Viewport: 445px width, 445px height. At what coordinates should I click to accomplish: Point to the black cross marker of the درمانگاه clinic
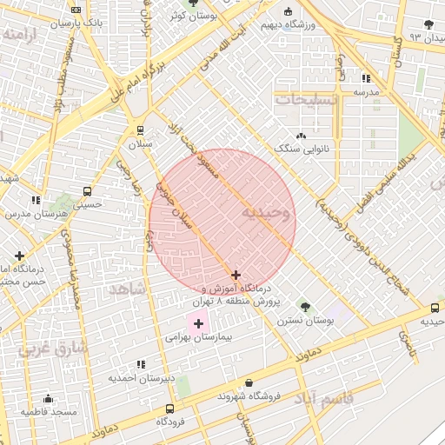click(236, 275)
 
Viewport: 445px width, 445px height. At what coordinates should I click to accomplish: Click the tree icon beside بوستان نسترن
click(304, 306)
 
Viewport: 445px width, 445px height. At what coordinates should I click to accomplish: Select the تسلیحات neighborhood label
click(305, 101)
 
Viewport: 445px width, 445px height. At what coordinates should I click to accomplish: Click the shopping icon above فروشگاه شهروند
click(249, 382)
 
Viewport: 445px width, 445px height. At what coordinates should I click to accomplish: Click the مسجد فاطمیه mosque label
click(50, 410)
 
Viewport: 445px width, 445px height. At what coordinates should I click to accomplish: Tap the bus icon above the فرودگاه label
click(169, 408)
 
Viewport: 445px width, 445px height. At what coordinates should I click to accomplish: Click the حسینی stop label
click(87, 206)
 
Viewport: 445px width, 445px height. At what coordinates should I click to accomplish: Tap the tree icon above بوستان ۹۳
click(427, 24)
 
